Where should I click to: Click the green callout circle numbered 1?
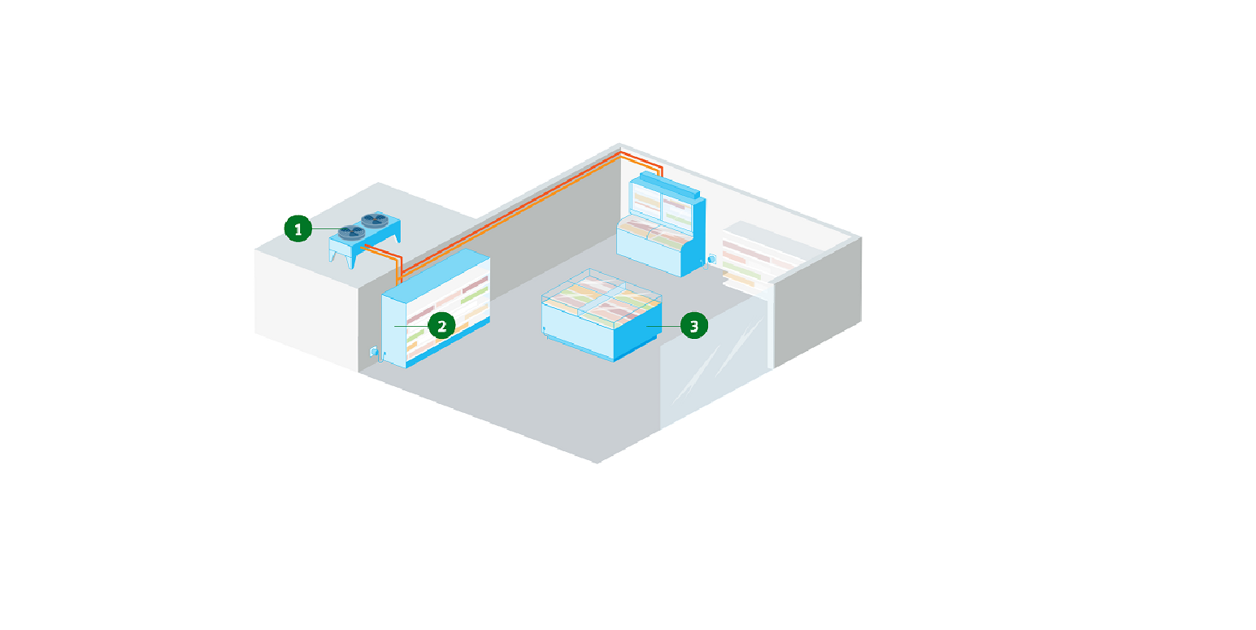click(x=298, y=228)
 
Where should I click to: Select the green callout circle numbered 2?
click(x=442, y=326)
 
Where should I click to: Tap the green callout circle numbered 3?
click(x=694, y=326)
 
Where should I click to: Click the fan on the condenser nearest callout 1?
click(x=351, y=232)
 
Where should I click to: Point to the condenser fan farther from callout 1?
click(x=375, y=220)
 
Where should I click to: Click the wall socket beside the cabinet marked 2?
click(x=374, y=352)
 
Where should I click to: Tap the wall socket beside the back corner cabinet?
click(x=712, y=259)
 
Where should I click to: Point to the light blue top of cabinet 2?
click(x=436, y=275)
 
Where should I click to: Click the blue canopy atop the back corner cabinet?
click(x=670, y=185)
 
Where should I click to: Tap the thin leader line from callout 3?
click(x=663, y=326)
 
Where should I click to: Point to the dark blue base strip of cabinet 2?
click(x=447, y=343)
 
